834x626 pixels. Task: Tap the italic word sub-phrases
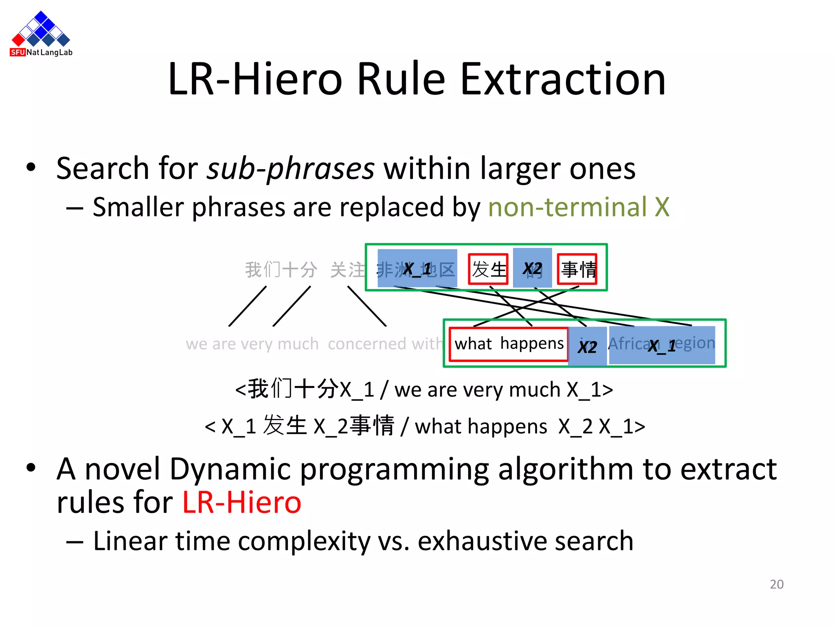coord(290,169)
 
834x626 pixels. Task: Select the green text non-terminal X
coord(578,207)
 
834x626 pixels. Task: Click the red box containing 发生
coord(488,269)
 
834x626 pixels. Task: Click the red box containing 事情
coord(577,269)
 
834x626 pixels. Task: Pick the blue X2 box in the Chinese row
coord(532,268)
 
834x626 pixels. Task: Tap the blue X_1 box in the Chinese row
coord(417,268)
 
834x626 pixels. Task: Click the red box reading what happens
coord(508,344)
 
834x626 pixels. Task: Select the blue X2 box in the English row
coord(587,346)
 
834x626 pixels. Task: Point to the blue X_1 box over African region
coord(662,345)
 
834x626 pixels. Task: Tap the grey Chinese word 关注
coord(347,270)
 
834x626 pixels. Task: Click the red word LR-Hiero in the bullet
coord(241,502)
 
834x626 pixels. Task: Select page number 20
coord(776,584)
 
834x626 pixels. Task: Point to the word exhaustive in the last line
coord(482,541)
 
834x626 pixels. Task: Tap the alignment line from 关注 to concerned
coord(367,306)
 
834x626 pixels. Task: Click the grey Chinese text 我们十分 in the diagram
coord(281,270)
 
